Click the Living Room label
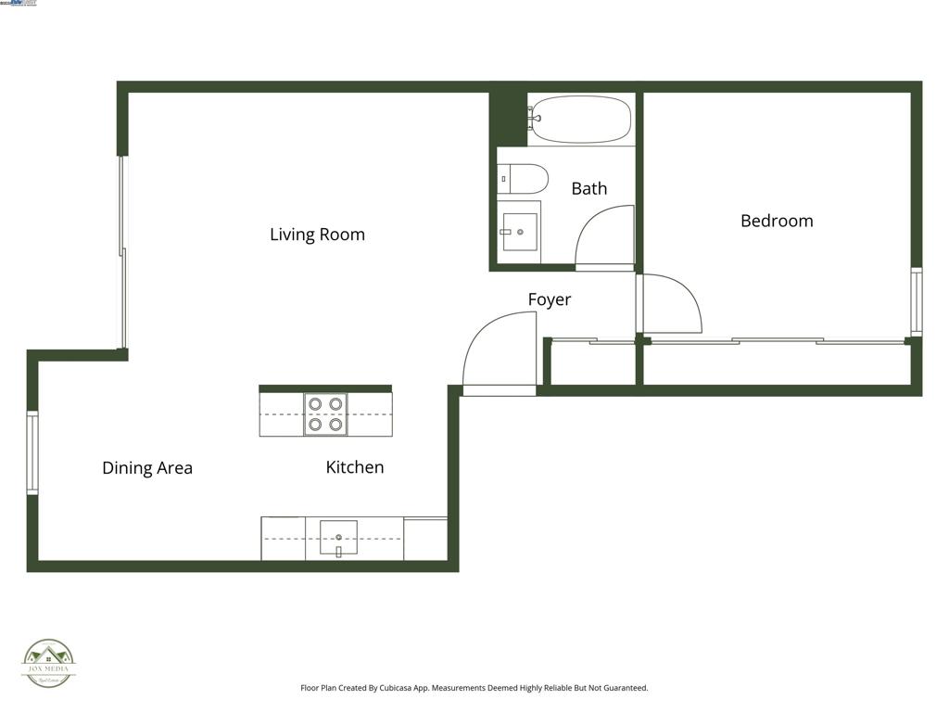coord(317,235)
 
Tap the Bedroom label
coord(777,221)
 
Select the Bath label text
coord(588,188)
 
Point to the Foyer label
coord(550,299)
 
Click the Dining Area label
coord(147,468)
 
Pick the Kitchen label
coord(354,467)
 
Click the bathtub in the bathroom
coord(581,119)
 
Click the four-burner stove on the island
coord(325,414)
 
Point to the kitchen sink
coord(338,537)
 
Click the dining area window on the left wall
coord(32,452)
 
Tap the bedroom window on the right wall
coord(916,301)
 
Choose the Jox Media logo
coord(48,663)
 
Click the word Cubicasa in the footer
coord(400,688)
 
